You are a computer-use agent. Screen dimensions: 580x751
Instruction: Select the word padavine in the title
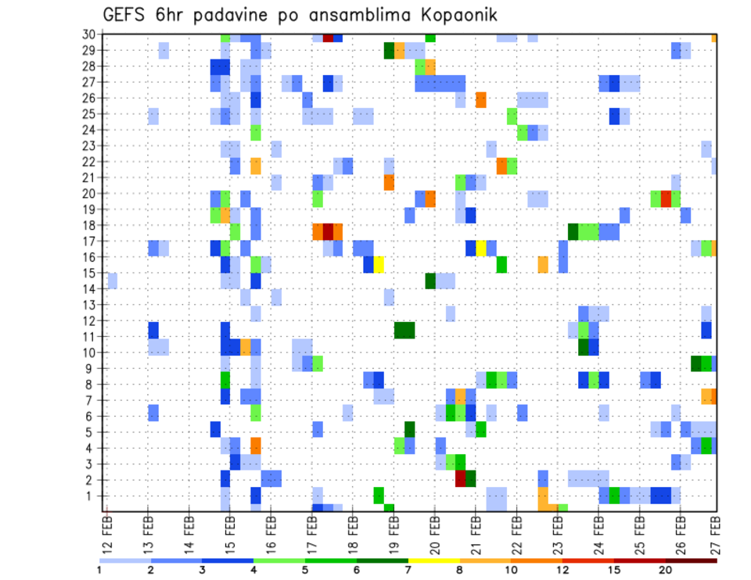(x=223, y=15)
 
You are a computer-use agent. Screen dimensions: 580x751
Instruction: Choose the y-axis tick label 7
(x=92, y=400)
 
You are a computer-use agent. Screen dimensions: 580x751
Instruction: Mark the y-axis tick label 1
(x=92, y=496)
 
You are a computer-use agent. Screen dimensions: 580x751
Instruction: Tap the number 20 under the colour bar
(x=666, y=570)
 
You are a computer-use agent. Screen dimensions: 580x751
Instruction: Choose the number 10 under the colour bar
(x=512, y=570)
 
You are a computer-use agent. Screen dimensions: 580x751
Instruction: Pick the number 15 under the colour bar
(x=614, y=570)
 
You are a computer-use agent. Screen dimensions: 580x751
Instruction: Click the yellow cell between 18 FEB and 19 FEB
(x=379, y=264)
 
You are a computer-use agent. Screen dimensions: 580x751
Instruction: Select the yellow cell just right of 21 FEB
(x=481, y=248)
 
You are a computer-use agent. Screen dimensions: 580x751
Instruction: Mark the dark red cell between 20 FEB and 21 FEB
(x=461, y=478)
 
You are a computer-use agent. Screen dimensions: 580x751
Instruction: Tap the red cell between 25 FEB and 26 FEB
(x=666, y=198)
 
